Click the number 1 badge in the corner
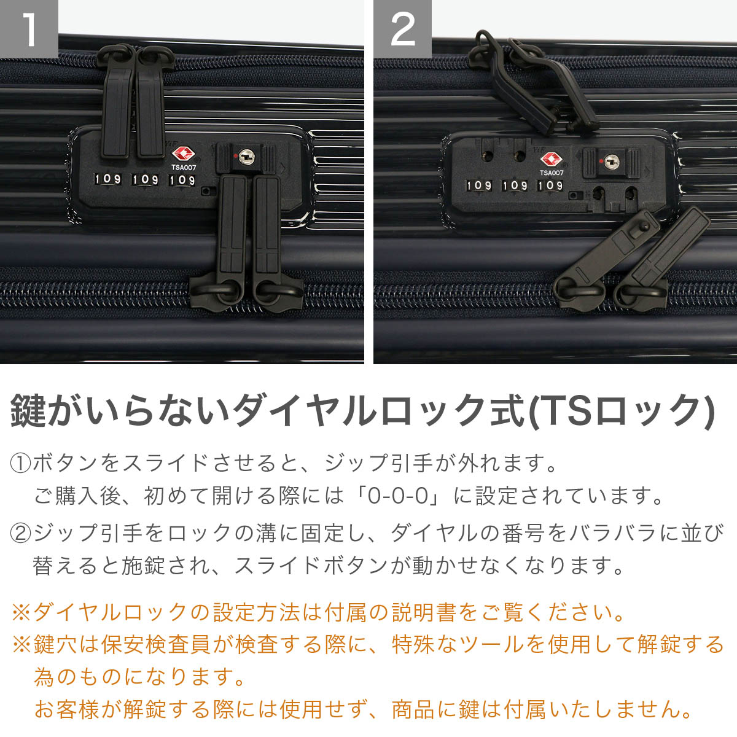coord(29,29)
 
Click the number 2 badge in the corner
coord(402,29)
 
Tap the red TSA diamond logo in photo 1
coord(182,154)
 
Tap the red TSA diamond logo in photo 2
coord(551,160)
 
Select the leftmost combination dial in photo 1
coord(107,179)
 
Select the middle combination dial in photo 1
coord(146,179)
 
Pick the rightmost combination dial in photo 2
coord(550,185)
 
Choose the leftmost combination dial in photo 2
coord(478,185)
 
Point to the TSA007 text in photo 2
coord(552,173)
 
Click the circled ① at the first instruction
coord(21,462)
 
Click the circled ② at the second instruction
coord(21,532)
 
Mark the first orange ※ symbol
coord(21,612)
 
